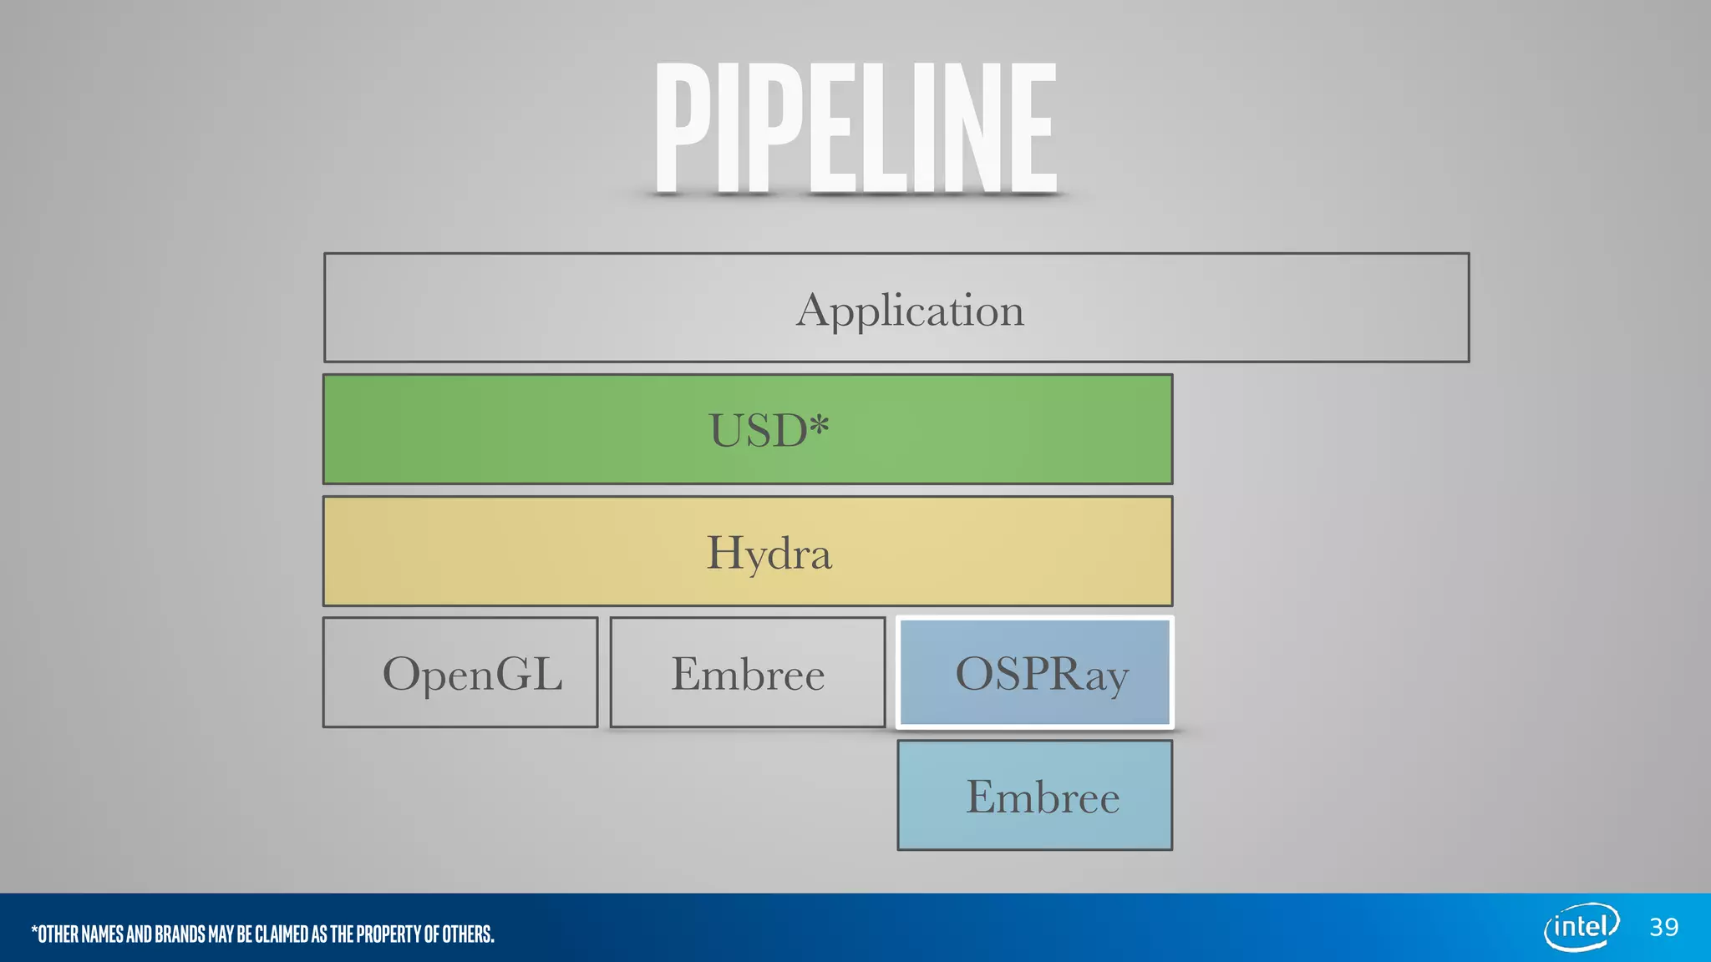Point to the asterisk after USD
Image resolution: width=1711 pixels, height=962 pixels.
click(x=820, y=424)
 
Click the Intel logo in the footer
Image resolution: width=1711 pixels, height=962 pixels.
click(x=1582, y=927)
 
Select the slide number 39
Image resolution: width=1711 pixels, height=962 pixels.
click(x=1664, y=927)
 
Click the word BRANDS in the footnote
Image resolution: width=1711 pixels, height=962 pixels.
click(x=180, y=934)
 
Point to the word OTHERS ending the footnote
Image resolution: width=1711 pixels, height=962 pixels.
click(x=468, y=934)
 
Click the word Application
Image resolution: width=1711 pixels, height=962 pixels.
click(x=910, y=311)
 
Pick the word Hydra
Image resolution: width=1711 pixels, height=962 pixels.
click(x=769, y=554)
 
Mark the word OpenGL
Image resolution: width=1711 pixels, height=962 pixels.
click(x=472, y=674)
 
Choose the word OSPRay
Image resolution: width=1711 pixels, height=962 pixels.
click(x=1042, y=674)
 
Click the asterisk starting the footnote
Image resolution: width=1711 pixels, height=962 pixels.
click(x=34, y=929)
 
